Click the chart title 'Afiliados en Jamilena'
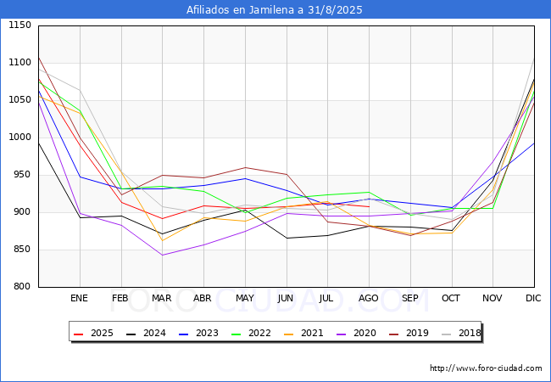(x=275, y=10)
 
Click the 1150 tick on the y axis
(x=19, y=25)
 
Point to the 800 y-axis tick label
(x=22, y=287)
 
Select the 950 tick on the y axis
(x=22, y=175)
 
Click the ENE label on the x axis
(x=79, y=299)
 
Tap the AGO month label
(x=369, y=299)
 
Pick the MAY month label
(x=244, y=299)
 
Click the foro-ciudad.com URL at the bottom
(x=486, y=368)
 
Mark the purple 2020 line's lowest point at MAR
(x=162, y=256)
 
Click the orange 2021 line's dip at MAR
(x=162, y=240)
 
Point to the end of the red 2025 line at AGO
(x=369, y=206)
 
